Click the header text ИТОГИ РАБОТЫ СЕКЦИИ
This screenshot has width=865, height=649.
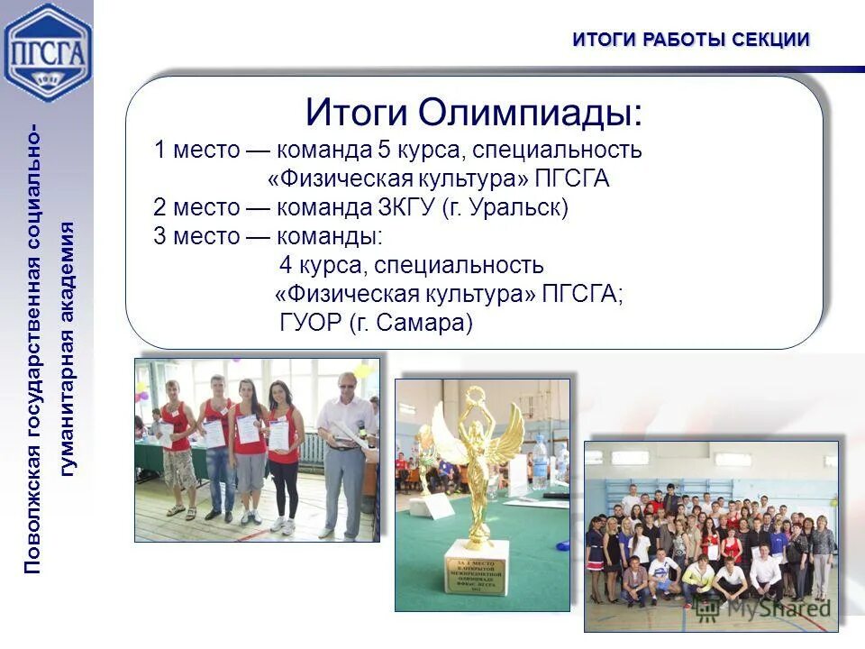coord(691,39)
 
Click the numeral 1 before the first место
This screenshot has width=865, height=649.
coord(159,150)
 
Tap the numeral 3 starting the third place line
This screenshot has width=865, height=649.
coord(159,236)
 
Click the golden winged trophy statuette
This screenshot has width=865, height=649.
coord(476,469)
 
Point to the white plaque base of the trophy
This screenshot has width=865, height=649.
coord(477,568)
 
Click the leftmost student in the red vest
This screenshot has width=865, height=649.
coord(178,446)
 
